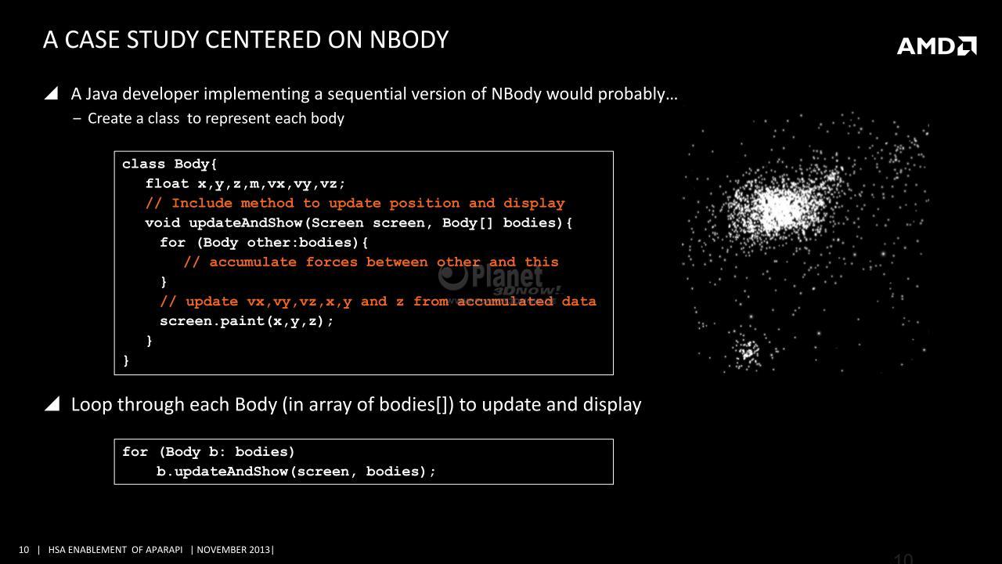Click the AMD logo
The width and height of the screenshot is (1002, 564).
pos(937,45)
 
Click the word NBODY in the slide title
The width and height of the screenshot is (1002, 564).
pos(409,40)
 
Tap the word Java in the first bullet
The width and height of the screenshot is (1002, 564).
pos(102,94)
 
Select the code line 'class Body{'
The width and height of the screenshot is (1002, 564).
pos(169,164)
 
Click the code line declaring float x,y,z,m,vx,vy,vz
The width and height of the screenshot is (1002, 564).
pos(245,184)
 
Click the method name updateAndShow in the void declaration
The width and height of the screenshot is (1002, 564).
pos(246,223)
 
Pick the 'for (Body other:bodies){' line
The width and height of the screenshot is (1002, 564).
pos(264,243)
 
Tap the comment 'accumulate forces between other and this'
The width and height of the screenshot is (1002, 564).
pos(384,262)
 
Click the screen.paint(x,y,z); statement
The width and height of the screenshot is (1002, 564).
pos(247,321)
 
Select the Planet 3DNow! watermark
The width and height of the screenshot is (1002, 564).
pos(499,281)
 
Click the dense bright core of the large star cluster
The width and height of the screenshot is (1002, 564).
pos(780,206)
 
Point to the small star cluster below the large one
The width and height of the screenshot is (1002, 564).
pos(746,352)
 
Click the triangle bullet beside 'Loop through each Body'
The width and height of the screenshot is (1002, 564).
pos(52,404)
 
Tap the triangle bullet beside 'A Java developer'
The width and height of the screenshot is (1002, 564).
pos(52,93)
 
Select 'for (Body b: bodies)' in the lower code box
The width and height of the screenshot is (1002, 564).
pos(208,452)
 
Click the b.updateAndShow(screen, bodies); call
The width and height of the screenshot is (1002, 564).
pos(296,472)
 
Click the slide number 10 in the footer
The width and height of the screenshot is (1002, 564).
pos(23,550)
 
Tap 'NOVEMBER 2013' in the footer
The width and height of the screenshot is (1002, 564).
pos(234,550)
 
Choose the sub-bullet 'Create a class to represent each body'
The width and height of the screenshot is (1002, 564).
pos(216,118)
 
